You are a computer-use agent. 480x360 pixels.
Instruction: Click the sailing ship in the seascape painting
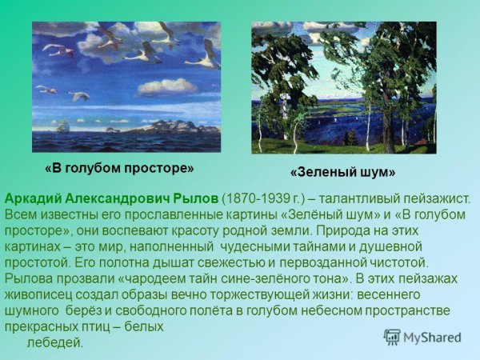click(62, 125)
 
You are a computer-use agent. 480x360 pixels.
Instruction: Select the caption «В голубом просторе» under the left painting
click(119, 169)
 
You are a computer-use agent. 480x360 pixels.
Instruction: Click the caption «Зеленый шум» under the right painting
click(342, 172)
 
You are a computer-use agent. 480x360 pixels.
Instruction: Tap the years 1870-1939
click(252, 198)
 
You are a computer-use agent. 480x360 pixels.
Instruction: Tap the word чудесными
click(256, 246)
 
